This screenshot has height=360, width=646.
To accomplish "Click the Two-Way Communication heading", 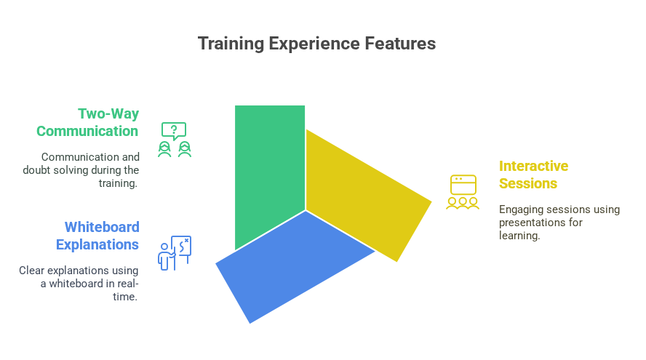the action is pos(88,122).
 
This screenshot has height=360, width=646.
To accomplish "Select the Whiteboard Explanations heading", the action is pos(97,236).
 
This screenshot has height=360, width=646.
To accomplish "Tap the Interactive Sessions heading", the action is pos(533,175).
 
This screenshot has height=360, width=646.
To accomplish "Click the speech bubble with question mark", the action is pos(173,131).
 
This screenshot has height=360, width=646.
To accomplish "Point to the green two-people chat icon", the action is pos(175,140).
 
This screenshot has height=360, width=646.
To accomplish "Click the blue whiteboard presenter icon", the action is pos(175,253).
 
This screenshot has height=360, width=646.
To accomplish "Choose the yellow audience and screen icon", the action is pos(463,192).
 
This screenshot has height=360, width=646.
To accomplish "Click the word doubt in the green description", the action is pos(36,170).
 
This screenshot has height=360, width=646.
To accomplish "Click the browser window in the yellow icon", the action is pos(463,185).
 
